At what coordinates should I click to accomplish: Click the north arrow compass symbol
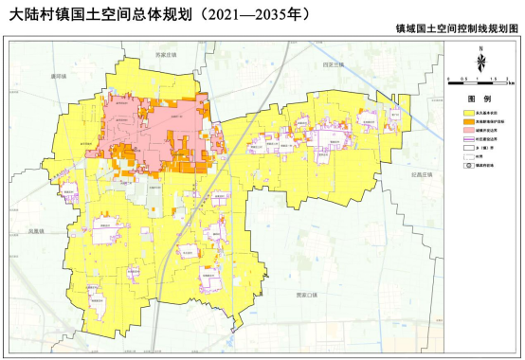(x=481, y=62)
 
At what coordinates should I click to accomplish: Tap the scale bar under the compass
(x=480, y=81)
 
